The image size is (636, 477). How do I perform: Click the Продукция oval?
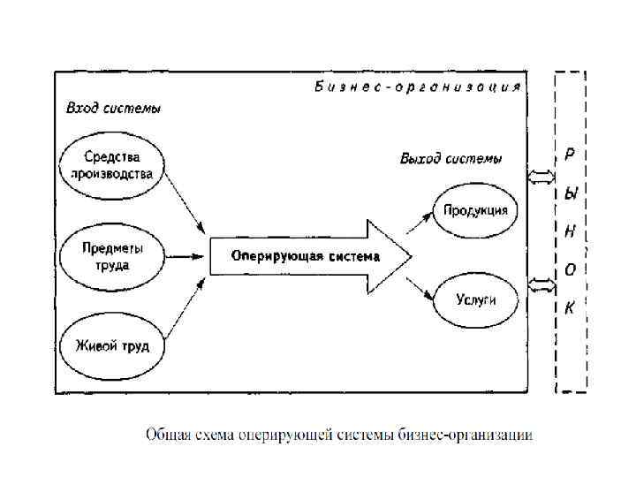point(475,210)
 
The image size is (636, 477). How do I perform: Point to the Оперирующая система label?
point(305,257)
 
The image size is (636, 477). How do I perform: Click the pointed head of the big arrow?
point(392,257)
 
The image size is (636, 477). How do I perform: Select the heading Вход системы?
point(113,110)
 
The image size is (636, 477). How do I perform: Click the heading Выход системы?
point(450,159)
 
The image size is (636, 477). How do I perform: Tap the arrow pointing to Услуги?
point(420,289)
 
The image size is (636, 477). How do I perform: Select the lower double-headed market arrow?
point(539,284)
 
